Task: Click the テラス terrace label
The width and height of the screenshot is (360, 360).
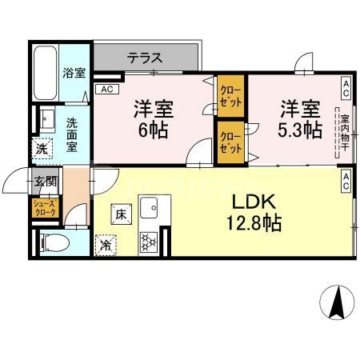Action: tap(145, 58)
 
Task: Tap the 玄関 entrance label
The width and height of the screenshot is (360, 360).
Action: tap(44, 181)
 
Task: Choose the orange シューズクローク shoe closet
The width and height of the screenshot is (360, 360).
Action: tap(44, 209)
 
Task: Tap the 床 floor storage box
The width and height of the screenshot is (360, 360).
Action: tap(120, 214)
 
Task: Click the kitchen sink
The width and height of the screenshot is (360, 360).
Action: tap(150, 210)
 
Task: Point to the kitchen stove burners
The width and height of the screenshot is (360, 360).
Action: tap(149, 242)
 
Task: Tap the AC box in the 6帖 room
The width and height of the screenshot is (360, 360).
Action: tap(105, 90)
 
